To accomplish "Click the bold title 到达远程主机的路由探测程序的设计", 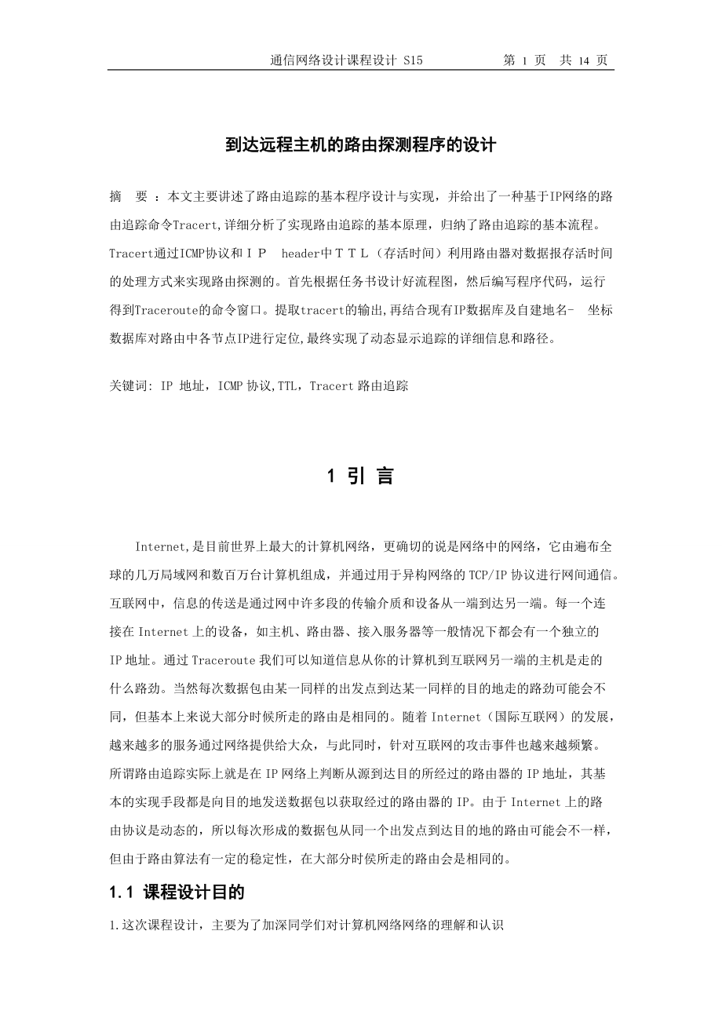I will point(360,144).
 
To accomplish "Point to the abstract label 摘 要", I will point(129,195).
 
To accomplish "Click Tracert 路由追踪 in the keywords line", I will point(359,386).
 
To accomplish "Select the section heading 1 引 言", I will point(360,476).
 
